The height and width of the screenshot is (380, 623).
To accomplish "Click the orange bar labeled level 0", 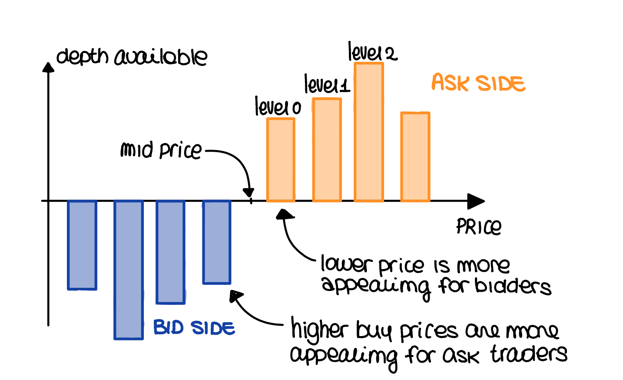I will [x=281, y=160].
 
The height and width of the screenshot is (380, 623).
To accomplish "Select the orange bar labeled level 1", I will [x=327, y=150].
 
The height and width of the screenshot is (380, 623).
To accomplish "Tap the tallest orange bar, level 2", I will [x=369, y=132].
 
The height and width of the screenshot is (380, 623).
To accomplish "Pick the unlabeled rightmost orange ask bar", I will [x=415, y=157].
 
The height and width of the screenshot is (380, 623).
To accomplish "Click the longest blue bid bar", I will [x=129, y=270].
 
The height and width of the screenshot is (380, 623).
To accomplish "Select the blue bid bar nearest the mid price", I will [x=217, y=242].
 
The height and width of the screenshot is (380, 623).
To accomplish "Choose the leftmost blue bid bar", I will [x=82, y=245].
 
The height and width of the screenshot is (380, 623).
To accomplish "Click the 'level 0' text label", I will [x=278, y=107].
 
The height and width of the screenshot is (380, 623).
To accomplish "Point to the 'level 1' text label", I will [x=327, y=84].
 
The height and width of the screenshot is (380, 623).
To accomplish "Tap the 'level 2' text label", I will [x=372, y=53].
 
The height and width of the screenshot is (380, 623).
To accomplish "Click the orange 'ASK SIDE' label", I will [x=478, y=83].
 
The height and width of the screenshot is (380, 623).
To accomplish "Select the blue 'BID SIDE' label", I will [x=194, y=327].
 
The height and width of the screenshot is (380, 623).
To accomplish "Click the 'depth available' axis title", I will [x=132, y=57].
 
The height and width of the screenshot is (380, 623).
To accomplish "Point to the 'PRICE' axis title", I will [x=478, y=226].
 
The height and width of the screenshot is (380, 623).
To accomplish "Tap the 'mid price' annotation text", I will [x=161, y=150].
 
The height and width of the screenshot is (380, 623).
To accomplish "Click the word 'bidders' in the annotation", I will [x=513, y=287].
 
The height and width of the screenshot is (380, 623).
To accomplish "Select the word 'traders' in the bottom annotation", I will [x=529, y=354].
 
